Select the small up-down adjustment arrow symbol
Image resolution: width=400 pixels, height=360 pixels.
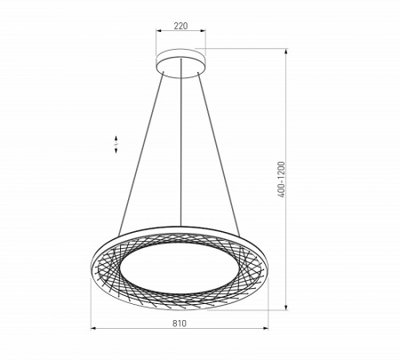[x=116, y=145]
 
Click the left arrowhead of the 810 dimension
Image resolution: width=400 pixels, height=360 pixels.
[x=93, y=332]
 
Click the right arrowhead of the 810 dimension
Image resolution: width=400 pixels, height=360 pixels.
[x=268, y=332]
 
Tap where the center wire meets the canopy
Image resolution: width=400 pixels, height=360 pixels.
[x=181, y=74]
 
